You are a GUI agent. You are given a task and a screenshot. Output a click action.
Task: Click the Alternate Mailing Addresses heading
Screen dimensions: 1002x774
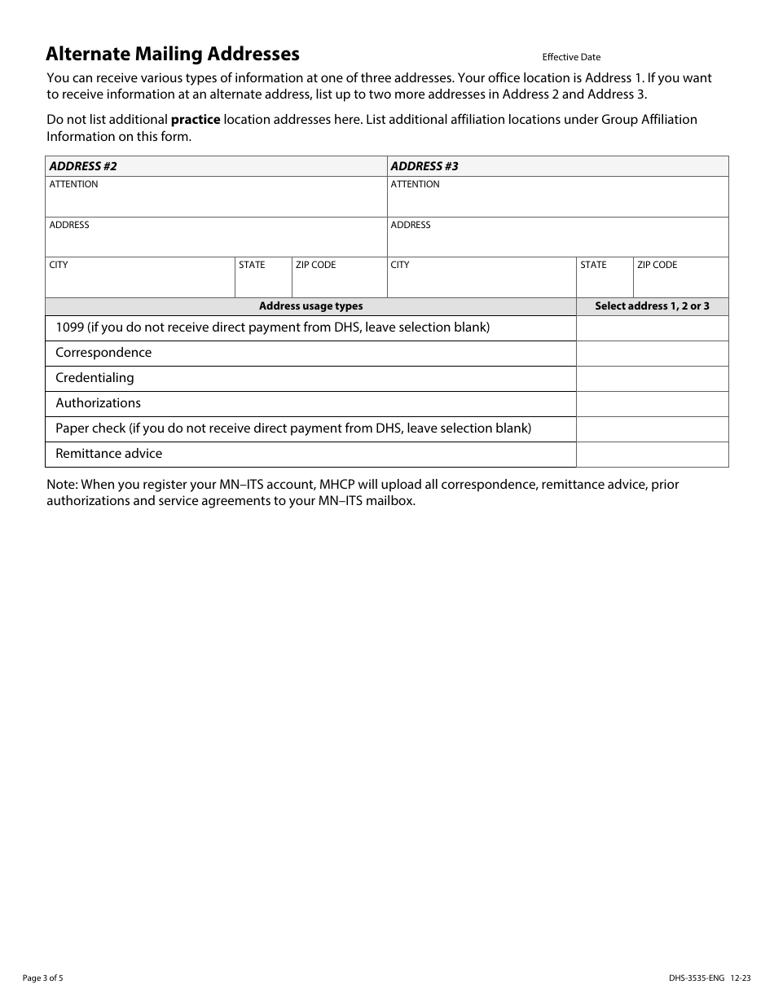[x=173, y=55]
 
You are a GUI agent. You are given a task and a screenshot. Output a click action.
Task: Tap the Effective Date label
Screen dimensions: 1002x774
[x=571, y=57]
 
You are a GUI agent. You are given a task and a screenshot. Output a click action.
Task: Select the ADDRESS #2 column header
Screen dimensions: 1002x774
[x=83, y=166]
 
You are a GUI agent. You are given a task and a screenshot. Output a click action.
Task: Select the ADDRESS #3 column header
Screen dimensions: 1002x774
[x=424, y=166]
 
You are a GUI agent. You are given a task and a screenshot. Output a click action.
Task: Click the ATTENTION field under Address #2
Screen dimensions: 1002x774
[x=215, y=201]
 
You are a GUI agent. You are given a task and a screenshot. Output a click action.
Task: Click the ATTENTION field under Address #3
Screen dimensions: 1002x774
[x=557, y=201]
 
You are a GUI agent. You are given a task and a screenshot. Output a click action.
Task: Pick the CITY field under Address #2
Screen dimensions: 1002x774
[x=139, y=282]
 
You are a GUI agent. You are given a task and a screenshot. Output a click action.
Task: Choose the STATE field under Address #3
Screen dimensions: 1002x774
[x=604, y=282]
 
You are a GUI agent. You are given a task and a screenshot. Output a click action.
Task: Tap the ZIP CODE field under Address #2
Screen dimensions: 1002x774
[x=339, y=282]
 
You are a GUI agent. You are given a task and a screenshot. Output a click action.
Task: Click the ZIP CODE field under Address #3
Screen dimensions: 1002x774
[x=680, y=282]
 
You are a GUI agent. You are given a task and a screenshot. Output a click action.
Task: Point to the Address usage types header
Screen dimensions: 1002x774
[x=310, y=306]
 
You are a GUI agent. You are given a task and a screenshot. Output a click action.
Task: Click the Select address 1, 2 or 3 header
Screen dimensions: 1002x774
[x=652, y=306]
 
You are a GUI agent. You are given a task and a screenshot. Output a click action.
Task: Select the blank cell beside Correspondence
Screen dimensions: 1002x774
[x=652, y=354]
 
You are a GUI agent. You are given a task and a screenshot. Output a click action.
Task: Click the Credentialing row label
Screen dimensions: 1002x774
[x=95, y=378]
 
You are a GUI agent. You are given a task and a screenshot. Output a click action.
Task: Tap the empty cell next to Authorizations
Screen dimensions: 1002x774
[x=652, y=404]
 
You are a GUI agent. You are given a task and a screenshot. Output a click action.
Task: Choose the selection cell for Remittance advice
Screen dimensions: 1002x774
[x=652, y=455]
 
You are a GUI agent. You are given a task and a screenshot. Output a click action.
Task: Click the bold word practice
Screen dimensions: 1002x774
[x=196, y=120]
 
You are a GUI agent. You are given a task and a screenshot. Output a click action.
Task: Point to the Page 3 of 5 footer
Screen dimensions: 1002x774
[x=42, y=978]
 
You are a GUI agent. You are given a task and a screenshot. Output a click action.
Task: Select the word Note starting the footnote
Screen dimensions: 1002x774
[x=61, y=485]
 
